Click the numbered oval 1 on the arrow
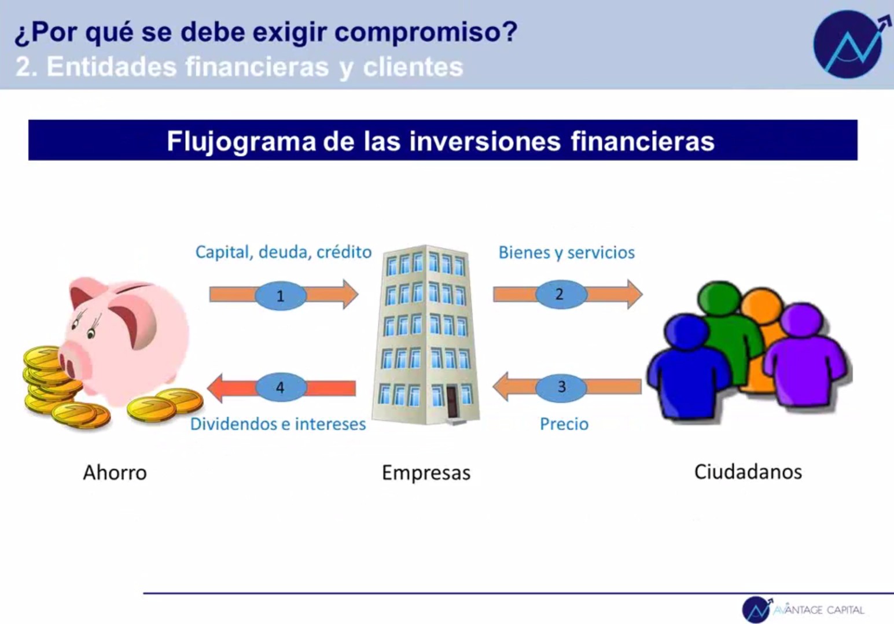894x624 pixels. tap(281, 296)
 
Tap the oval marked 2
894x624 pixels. tap(561, 294)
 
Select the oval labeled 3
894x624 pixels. tap(561, 387)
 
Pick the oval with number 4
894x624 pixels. tap(281, 387)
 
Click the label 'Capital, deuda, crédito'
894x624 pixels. tap(284, 252)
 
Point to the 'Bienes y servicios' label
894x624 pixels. tap(566, 253)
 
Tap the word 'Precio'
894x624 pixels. tap(564, 424)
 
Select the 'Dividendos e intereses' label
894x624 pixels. tap(278, 424)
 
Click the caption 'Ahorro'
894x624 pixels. tap(115, 473)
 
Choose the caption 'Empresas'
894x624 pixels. tap(426, 473)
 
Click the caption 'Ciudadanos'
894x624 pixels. tap(748, 472)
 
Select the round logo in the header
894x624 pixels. tap(848, 44)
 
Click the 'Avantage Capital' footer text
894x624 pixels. tap(819, 610)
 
